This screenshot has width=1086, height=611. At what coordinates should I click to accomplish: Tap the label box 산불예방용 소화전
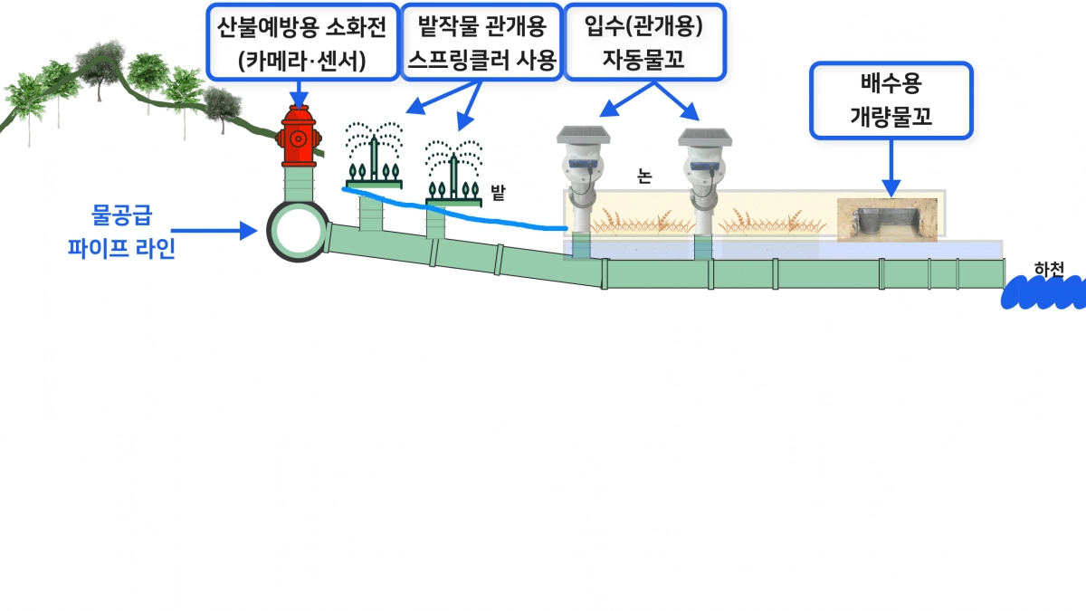(300, 41)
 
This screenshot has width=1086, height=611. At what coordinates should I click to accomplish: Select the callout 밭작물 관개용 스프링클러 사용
(481, 41)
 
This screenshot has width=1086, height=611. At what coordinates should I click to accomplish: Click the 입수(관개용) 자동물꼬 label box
(644, 41)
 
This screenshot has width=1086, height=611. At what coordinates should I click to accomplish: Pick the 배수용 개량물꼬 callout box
(891, 100)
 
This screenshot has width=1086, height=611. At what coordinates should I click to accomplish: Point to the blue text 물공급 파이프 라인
(121, 232)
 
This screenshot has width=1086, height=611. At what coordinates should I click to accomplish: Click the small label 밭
(497, 191)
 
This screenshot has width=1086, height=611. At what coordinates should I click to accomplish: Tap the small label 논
(644, 177)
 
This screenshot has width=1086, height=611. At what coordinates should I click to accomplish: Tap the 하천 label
(1049, 268)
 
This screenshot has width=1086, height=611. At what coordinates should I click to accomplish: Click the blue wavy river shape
(1045, 291)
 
